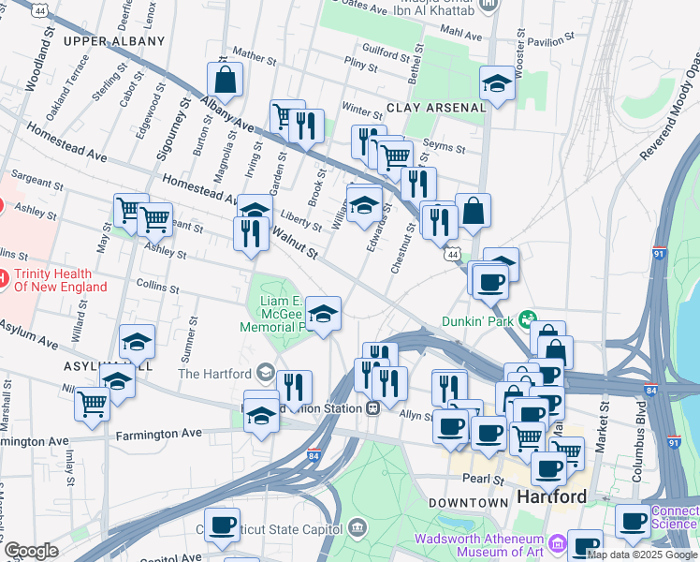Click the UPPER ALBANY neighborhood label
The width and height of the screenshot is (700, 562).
114,41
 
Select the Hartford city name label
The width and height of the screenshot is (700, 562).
551,495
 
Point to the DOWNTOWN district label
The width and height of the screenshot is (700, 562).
468,503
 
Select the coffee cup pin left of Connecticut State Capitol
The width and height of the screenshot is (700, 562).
222,525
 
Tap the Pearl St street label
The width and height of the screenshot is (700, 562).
483,479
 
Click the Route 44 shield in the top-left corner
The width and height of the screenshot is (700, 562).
38,9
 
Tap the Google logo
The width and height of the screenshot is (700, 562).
31,551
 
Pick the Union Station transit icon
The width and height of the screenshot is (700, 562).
372,407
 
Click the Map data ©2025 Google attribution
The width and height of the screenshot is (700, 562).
642,555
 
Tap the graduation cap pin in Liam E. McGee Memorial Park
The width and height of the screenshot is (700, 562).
323,315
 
